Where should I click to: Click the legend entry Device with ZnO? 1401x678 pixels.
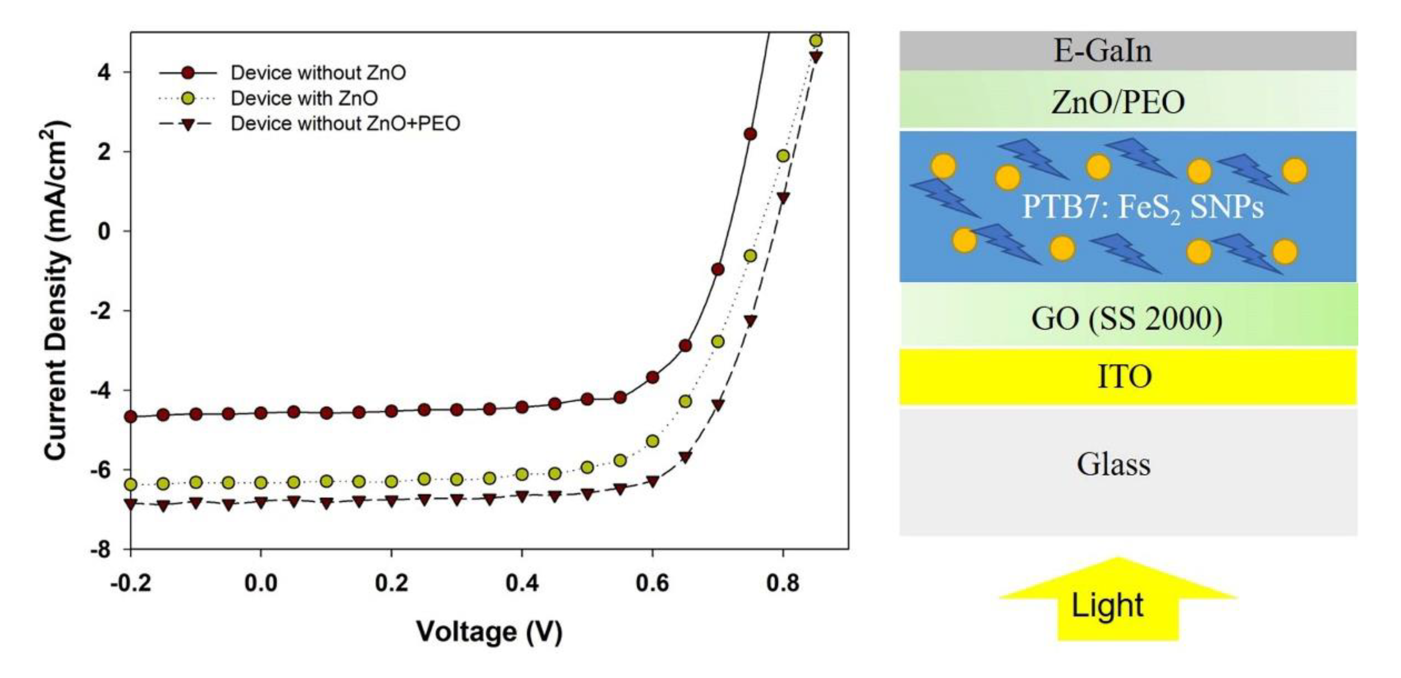[x=303, y=98]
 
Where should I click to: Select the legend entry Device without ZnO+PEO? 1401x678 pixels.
[x=345, y=124]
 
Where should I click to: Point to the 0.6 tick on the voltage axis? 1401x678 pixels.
[x=652, y=583]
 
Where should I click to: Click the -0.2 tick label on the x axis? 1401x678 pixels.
[x=130, y=583]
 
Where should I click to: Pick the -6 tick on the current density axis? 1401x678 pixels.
[x=100, y=470]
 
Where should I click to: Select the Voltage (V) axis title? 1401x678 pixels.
[x=489, y=632]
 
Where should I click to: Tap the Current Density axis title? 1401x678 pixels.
[x=56, y=291]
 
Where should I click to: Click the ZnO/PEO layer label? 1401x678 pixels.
[x=1118, y=102]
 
